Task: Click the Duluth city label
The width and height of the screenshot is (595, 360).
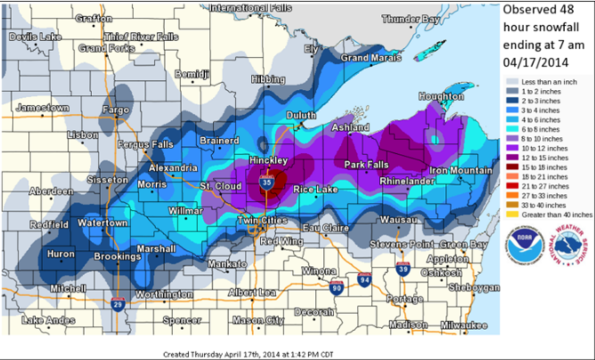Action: point(301,115)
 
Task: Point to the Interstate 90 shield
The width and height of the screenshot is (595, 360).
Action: point(336,287)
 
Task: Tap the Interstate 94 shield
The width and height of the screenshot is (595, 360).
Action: point(364,279)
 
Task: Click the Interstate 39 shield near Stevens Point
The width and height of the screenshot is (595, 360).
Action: point(403,268)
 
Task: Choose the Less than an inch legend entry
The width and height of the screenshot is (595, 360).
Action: point(545,82)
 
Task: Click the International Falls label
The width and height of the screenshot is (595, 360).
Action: point(250,8)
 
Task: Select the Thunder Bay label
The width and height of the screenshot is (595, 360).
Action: point(411,19)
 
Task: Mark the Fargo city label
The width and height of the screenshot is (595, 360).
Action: point(115,110)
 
